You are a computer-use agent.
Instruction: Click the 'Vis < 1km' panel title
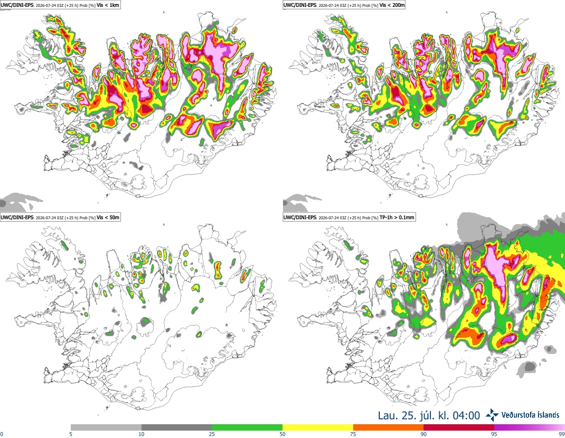[108, 5]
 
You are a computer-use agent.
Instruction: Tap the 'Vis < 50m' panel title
[108, 217]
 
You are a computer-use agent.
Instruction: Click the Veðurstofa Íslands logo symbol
[492, 415]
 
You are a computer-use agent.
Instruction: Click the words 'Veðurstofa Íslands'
[531, 415]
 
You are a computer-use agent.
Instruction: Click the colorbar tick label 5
[71, 434]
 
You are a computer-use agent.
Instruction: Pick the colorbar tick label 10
[141, 434]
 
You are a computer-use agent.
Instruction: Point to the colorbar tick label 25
[212, 434]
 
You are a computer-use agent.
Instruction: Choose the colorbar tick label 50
[282, 434]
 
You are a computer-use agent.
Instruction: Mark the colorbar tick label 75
[353, 434]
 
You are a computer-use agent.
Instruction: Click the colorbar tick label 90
[424, 434]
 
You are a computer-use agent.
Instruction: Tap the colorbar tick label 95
[494, 434]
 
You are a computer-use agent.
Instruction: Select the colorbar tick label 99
[562, 434]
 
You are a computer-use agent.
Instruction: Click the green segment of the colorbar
[247, 428]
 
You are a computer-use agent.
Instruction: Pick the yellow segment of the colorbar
[318, 428]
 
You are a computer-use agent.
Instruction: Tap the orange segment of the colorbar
[389, 428]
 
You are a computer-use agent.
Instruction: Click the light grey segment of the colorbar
[106, 428]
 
